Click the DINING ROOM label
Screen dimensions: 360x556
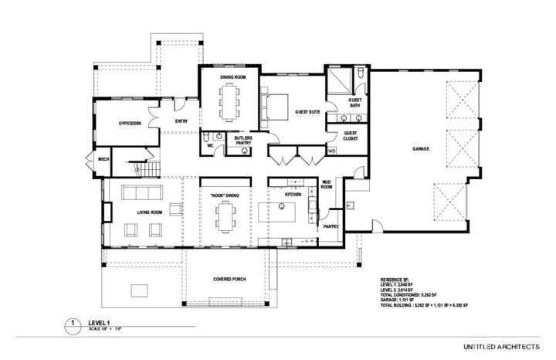pos(229,77)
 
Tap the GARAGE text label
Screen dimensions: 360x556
pos(421,149)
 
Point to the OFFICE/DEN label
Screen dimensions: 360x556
pos(130,124)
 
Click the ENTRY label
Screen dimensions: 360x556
pos(181,121)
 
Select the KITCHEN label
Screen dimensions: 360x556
pos(293,195)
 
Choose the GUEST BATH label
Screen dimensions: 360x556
pos(356,103)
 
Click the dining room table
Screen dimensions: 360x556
pos(229,100)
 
